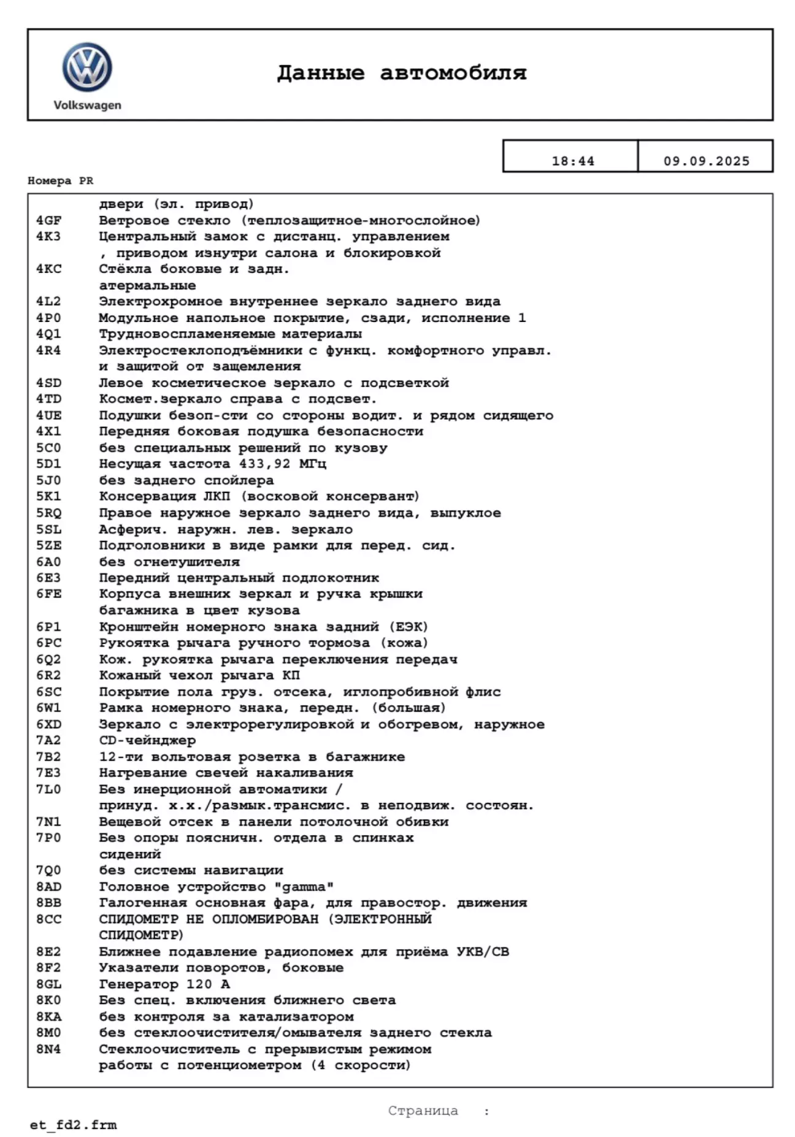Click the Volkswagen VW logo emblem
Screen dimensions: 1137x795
click(x=87, y=67)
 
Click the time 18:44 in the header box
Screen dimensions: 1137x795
click(x=572, y=161)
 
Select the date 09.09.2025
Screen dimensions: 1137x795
click(x=706, y=161)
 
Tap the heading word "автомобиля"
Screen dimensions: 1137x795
click(x=453, y=73)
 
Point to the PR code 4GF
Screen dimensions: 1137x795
click(x=48, y=220)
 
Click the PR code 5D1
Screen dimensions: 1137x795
click(x=48, y=464)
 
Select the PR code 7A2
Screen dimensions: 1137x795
click(x=48, y=740)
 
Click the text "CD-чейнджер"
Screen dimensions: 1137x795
click(x=147, y=740)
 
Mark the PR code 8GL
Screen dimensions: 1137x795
click(x=48, y=984)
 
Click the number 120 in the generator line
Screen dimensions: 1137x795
click(x=199, y=984)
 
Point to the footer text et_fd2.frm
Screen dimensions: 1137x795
click(x=73, y=1125)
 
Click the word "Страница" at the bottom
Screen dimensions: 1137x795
click(x=423, y=1111)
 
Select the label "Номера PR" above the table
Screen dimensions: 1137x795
click(x=60, y=181)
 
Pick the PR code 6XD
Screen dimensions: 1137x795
click(x=48, y=724)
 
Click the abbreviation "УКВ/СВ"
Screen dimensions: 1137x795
click(x=483, y=952)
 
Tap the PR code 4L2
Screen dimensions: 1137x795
click(x=48, y=301)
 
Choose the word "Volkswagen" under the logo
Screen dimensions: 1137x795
click(x=87, y=105)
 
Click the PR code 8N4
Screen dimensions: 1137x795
click(x=48, y=1049)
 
